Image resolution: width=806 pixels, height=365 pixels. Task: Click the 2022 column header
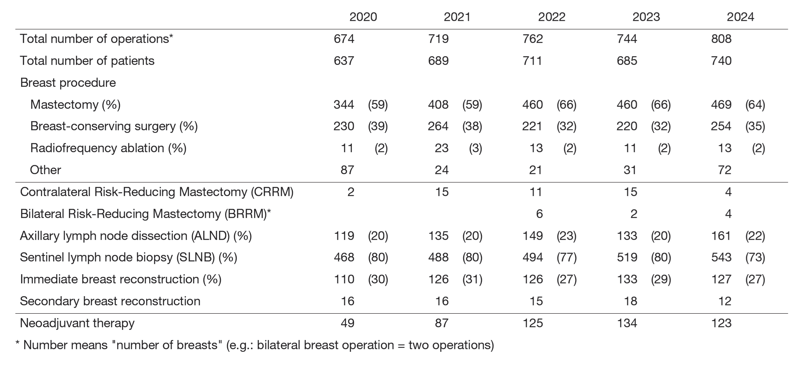(x=552, y=17)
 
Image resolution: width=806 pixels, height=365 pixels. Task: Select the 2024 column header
(x=740, y=17)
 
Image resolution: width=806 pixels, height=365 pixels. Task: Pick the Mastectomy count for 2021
(x=438, y=104)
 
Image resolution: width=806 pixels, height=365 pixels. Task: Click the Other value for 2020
(x=347, y=170)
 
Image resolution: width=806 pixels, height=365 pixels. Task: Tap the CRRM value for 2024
(x=728, y=192)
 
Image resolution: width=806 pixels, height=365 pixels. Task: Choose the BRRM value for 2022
(x=539, y=214)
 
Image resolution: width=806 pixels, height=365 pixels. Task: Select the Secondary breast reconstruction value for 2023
(x=630, y=301)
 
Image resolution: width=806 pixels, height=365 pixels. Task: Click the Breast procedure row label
(x=68, y=83)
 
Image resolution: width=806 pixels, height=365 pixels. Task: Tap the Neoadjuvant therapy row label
(x=77, y=323)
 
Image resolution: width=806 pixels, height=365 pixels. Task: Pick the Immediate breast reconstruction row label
(x=121, y=279)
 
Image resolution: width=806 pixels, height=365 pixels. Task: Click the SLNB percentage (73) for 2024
(x=755, y=258)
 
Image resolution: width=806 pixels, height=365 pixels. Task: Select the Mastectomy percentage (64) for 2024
(x=755, y=104)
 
